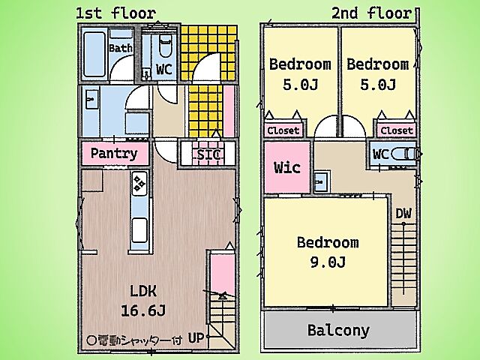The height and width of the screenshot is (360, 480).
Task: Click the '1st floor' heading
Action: click(x=116, y=13)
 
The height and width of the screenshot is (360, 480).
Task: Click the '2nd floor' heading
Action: click(x=372, y=13)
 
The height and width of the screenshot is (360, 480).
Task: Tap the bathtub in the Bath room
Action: click(x=94, y=54)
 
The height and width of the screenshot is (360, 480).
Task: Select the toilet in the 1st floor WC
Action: click(x=165, y=46)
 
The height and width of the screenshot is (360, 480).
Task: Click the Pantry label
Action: click(x=114, y=153)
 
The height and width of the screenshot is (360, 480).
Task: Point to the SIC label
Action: click(x=208, y=154)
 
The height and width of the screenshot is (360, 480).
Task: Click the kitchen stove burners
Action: click(x=139, y=184)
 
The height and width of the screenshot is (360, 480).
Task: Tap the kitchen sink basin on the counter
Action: click(x=139, y=230)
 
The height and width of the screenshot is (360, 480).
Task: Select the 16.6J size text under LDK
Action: click(x=143, y=310)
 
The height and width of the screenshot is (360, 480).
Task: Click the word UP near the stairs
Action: click(x=196, y=338)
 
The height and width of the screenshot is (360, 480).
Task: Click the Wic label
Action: click(x=286, y=167)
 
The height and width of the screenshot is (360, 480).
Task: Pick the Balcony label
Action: click(x=338, y=330)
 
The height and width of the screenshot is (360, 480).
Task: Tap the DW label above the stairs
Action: click(x=403, y=213)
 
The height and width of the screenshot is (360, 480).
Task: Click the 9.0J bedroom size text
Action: click(x=328, y=262)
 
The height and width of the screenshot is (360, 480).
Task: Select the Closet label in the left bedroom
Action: click(x=283, y=130)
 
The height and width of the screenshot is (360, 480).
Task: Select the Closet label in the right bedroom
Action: click(x=397, y=130)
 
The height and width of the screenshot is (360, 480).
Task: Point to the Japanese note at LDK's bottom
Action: click(x=134, y=340)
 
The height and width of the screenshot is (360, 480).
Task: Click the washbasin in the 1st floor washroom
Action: click(x=91, y=99)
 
